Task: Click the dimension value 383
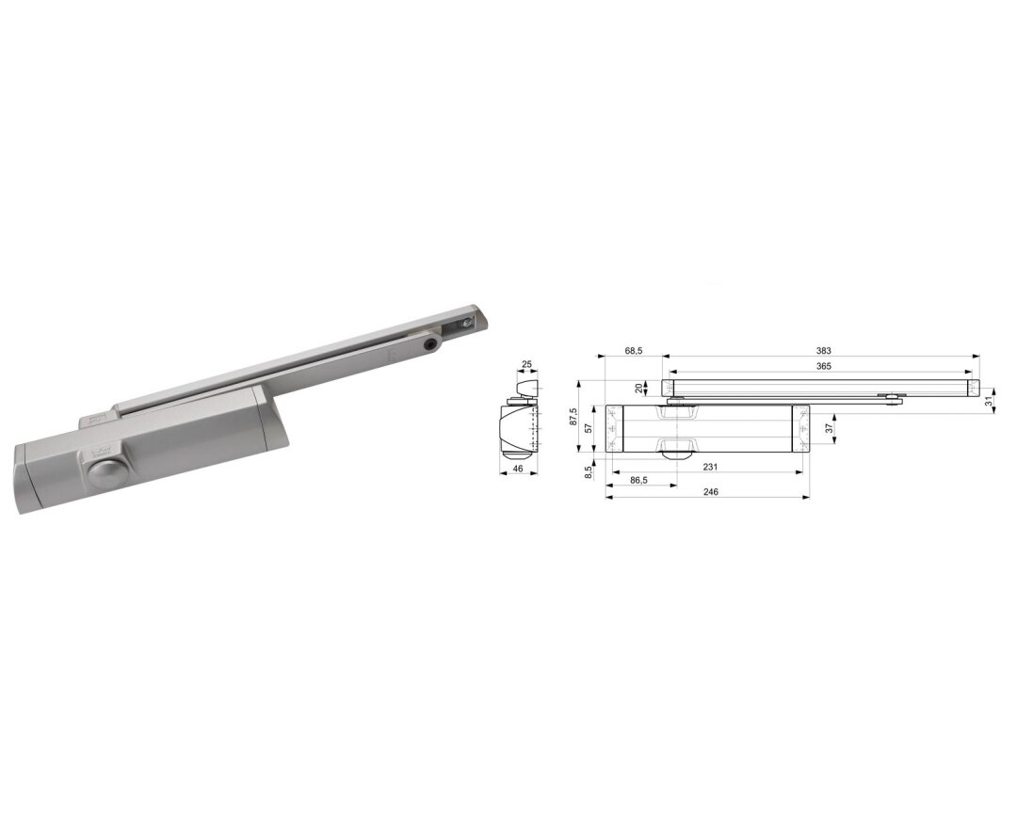[x=823, y=351]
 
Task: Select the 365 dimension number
[x=823, y=366]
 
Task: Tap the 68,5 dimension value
[x=634, y=351]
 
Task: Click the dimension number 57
[x=589, y=428]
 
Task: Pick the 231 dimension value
[x=711, y=467]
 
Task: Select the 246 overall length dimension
[x=711, y=492]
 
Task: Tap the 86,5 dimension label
[x=638, y=480]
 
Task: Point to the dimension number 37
[x=829, y=429]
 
